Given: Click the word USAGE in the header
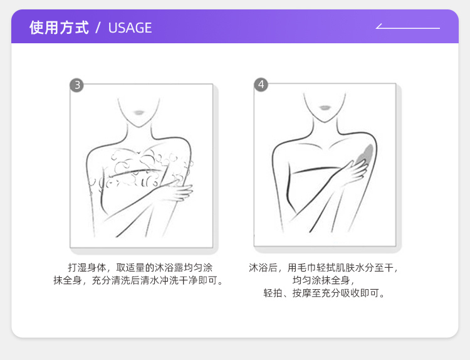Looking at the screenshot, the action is [130, 28].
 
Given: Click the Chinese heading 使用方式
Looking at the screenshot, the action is [59, 28].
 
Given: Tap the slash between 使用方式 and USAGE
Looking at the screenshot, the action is [98, 28].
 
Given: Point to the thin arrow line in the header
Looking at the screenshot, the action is [408, 28].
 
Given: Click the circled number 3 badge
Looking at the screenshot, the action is [76, 85].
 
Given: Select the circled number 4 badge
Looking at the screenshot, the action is [261, 85].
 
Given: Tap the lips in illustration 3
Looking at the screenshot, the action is [138, 112].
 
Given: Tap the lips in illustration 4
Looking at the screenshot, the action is [325, 107].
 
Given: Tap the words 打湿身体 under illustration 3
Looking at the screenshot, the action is [87, 268].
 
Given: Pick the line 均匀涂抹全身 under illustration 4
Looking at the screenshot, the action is [321, 280].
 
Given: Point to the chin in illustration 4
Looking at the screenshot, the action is [325, 120].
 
